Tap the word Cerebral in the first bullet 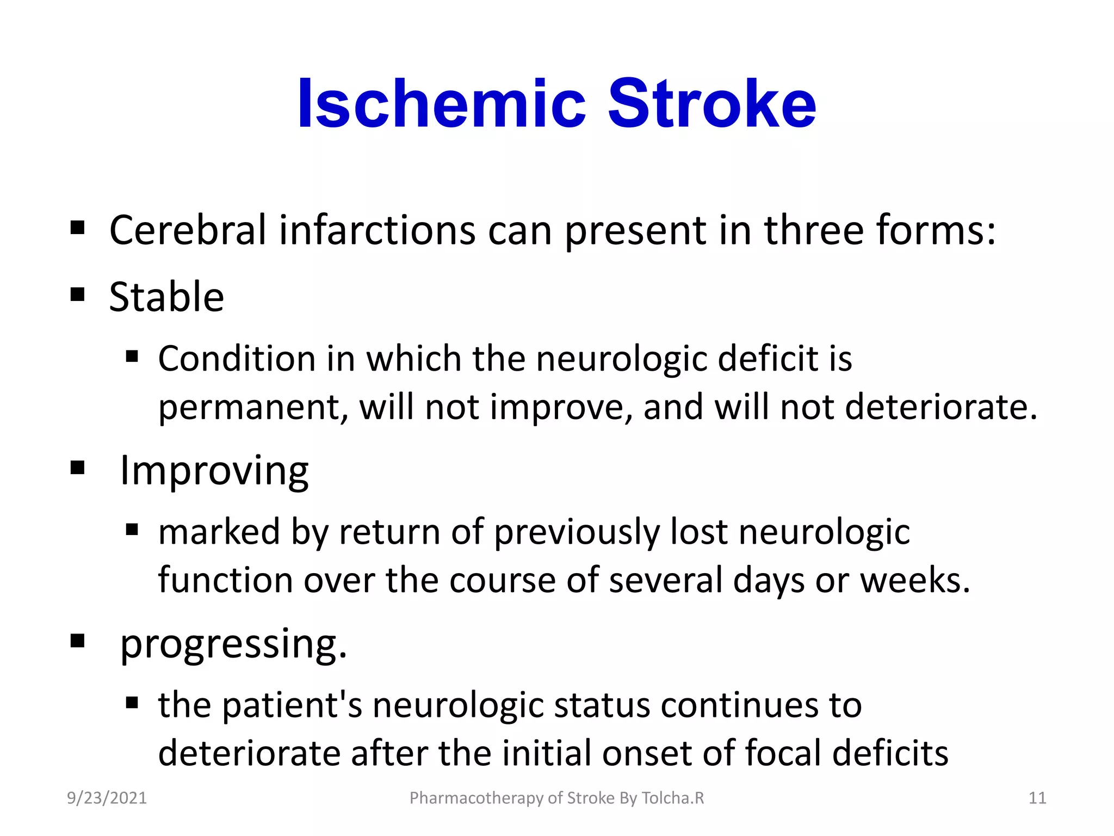click(188, 230)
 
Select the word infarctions click(377, 230)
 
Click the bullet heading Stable click(166, 297)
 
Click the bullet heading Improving click(214, 471)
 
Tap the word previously click(577, 532)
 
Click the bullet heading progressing click(233, 644)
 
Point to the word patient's click(293, 705)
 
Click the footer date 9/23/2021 click(107, 798)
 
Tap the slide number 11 click(1037, 798)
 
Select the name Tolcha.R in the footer click(673, 798)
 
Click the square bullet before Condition click(132, 357)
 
